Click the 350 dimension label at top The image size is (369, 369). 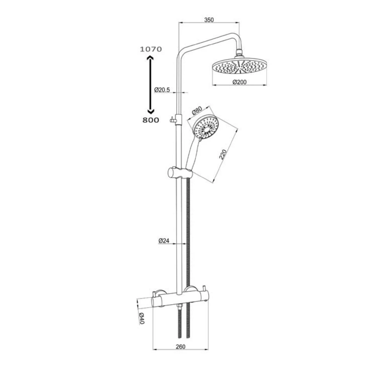point(209,20)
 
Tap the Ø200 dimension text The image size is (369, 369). point(239,82)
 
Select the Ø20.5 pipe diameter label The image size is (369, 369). point(162,90)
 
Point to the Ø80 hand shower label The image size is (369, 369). point(197,111)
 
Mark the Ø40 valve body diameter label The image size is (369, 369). point(142,318)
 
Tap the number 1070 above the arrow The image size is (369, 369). point(151,49)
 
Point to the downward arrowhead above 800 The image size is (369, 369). point(150,111)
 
